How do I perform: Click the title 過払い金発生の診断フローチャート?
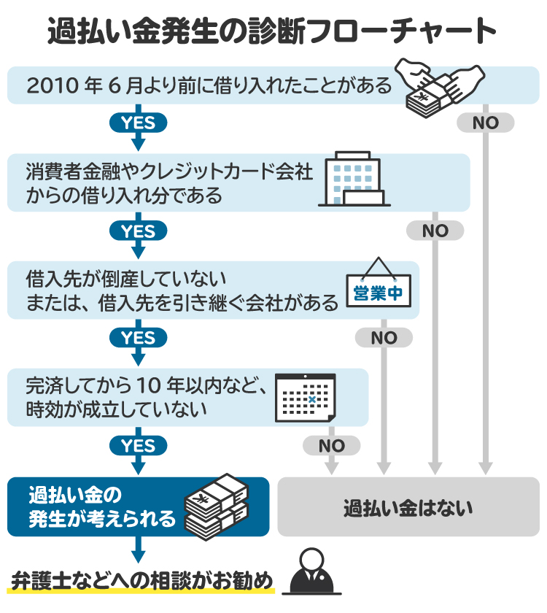[273, 31]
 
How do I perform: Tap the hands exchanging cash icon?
[438, 86]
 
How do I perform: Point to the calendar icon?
[305, 397]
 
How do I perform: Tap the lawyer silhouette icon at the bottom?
[311, 577]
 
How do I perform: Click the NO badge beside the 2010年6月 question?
[485, 123]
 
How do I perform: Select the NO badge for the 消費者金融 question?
[435, 231]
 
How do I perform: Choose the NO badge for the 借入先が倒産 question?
[384, 338]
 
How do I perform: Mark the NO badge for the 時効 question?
[332, 445]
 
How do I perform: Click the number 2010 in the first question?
[51, 86]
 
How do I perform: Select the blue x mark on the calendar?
[312, 399]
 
